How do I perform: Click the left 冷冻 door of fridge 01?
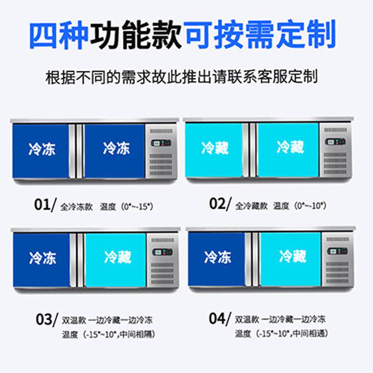pos(41,150)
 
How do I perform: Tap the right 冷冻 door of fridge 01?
pos(115,150)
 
